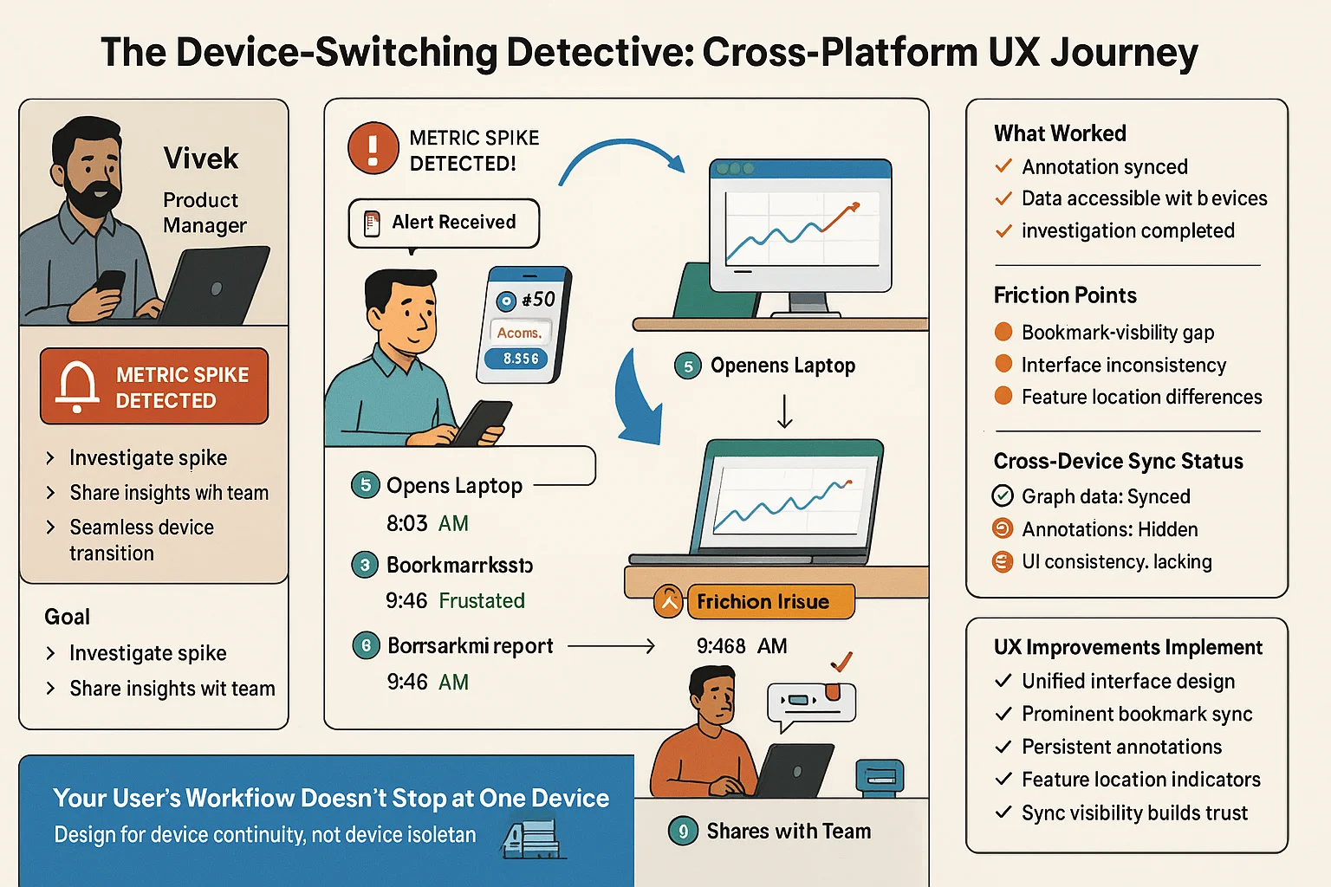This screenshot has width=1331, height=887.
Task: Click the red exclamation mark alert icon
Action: coord(373,148)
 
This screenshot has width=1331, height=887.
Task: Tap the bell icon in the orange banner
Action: coord(77,385)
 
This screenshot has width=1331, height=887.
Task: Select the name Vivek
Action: coord(201,159)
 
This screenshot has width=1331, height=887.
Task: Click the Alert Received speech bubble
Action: coord(444,223)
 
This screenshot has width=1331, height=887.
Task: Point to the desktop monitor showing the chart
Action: coord(800,227)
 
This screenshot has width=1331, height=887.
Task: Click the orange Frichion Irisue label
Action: coord(769,601)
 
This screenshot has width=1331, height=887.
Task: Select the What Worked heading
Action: coord(1060,133)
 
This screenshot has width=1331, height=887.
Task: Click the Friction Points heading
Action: coord(1065,295)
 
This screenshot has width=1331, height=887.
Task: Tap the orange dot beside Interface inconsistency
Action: coord(1003,364)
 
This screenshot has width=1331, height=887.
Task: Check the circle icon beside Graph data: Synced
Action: coord(1003,495)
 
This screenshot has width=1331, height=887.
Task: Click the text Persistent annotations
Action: coord(1121,747)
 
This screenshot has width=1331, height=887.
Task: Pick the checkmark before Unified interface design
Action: coord(1003,681)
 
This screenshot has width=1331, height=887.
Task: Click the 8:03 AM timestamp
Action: coord(427,523)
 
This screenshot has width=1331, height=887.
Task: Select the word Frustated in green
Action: coord(482,600)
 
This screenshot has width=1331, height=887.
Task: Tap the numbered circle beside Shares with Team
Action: coord(683,832)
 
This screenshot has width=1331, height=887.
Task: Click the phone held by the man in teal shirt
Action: coord(480,422)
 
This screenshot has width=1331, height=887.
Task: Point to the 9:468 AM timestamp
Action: coord(742,646)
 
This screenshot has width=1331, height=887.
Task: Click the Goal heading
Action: coord(68,617)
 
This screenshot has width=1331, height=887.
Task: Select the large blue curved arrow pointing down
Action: coord(637,398)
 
